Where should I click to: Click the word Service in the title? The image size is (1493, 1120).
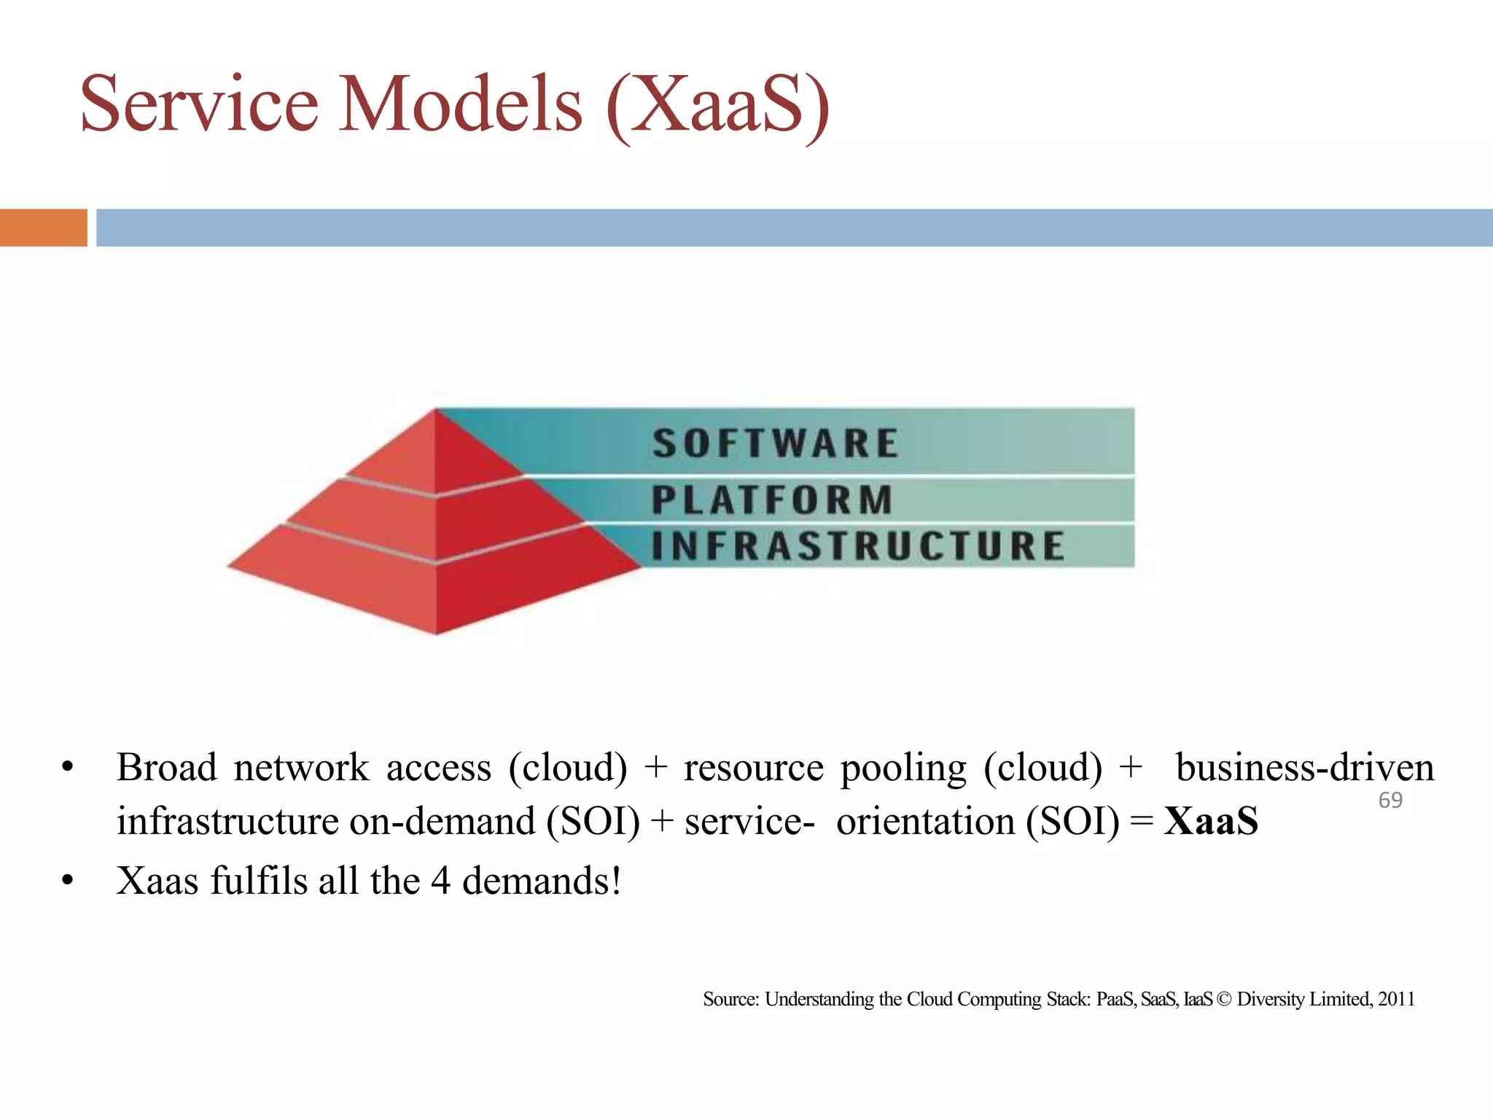198,104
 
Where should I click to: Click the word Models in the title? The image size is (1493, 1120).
461,104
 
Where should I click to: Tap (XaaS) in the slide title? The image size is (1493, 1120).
718,106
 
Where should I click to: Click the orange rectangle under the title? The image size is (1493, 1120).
43,227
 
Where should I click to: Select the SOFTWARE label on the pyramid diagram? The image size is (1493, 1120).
775,443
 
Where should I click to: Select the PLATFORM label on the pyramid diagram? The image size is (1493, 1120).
772,500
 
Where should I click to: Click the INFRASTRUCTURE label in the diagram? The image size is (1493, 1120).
858,546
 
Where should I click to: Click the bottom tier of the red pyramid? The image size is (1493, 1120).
435,583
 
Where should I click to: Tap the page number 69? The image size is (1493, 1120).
1390,800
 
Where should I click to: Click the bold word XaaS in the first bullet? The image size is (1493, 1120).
1211,821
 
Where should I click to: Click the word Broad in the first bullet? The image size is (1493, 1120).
166,768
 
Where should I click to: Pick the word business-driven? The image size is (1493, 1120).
1305,768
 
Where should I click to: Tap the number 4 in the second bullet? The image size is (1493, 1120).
440,881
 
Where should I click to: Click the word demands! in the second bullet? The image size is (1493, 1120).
542,881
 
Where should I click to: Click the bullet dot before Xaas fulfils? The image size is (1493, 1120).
68,881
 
